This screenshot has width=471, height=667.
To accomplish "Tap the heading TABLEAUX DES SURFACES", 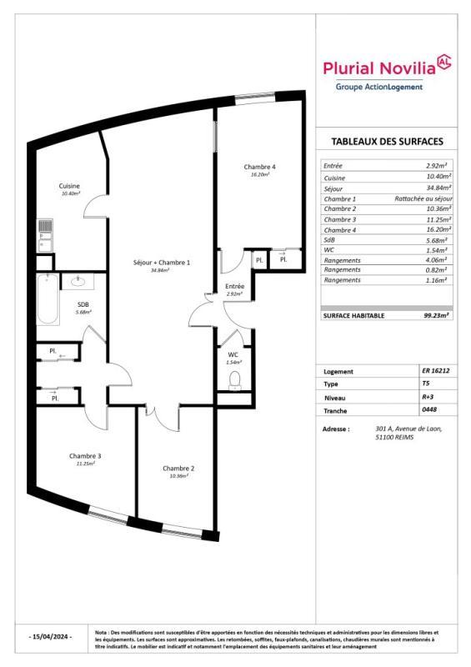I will (x=387, y=141).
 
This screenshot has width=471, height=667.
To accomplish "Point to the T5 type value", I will (x=427, y=384).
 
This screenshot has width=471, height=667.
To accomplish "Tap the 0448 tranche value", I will (x=429, y=411).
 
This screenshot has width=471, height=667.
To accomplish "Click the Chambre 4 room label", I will (x=260, y=167).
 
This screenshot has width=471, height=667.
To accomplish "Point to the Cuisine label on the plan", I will (x=69, y=185).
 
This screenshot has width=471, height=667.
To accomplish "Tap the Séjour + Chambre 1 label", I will (x=162, y=263).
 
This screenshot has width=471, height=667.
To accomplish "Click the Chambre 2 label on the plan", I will (x=178, y=468).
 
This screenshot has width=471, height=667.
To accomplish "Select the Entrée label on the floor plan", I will (x=235, y=287).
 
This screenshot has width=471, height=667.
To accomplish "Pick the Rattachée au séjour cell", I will (x=423, y=198).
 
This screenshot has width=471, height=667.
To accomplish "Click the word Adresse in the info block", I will (x=335, y=429).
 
